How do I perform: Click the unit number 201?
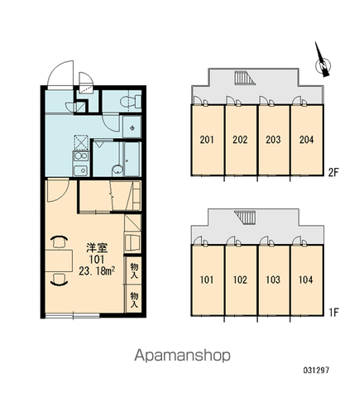pos(207,140)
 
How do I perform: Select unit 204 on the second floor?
pos(306,140)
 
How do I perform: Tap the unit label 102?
pos(240,280)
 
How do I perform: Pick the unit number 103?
pos(273,280)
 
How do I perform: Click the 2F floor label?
pos(333,173)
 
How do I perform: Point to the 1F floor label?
pos(333,313)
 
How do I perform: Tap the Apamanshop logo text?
pos(182,356)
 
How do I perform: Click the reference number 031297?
pos(316,370)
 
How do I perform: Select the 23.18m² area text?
pos(97,271)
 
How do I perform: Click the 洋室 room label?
pos(97,248)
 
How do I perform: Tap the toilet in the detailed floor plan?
pos(131,102)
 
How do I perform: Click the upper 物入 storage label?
pos(134,270)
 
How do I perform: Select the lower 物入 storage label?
pos(134,299)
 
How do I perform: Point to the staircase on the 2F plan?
pos(245,78)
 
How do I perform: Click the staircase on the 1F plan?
pos(245,218)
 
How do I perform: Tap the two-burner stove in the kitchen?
pos(80,156)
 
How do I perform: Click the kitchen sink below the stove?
pos(80,171)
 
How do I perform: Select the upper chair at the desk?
pos(59,242)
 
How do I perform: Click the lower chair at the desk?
pos(59,280)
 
